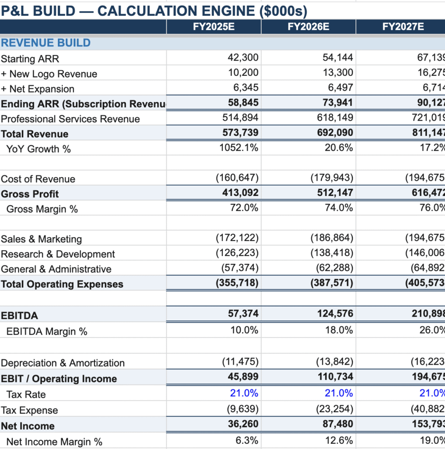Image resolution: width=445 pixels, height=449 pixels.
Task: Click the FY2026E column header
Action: pos(308,27)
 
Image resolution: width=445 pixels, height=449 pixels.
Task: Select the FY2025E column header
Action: pos(214,27)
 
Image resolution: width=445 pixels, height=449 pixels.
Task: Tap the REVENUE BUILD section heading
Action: pos(46,43)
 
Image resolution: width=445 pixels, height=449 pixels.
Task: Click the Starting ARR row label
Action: pos(30,59)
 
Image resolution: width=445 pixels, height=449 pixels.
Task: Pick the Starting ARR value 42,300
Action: pos(243,58)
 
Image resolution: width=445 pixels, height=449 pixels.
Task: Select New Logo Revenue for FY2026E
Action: pos(337,73)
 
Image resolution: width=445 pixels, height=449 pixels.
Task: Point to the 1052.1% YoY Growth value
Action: pos(239,148)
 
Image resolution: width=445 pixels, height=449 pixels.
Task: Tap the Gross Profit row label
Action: pos(30,194)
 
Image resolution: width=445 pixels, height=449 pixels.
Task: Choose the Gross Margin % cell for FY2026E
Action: pos(339,208)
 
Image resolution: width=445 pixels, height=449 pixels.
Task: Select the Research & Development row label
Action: pos(58,254)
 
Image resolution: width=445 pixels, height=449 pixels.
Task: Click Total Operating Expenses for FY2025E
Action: pos(237,283)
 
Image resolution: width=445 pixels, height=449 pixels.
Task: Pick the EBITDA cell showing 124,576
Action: pos(335,314)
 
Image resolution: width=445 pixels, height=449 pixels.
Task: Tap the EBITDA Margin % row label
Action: pos(47,331)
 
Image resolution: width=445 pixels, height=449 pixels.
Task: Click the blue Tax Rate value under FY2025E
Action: pos(244,393)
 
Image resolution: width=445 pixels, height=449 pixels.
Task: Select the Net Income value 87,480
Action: pos(337,424)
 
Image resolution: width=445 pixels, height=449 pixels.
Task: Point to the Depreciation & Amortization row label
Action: pos(63,363)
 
